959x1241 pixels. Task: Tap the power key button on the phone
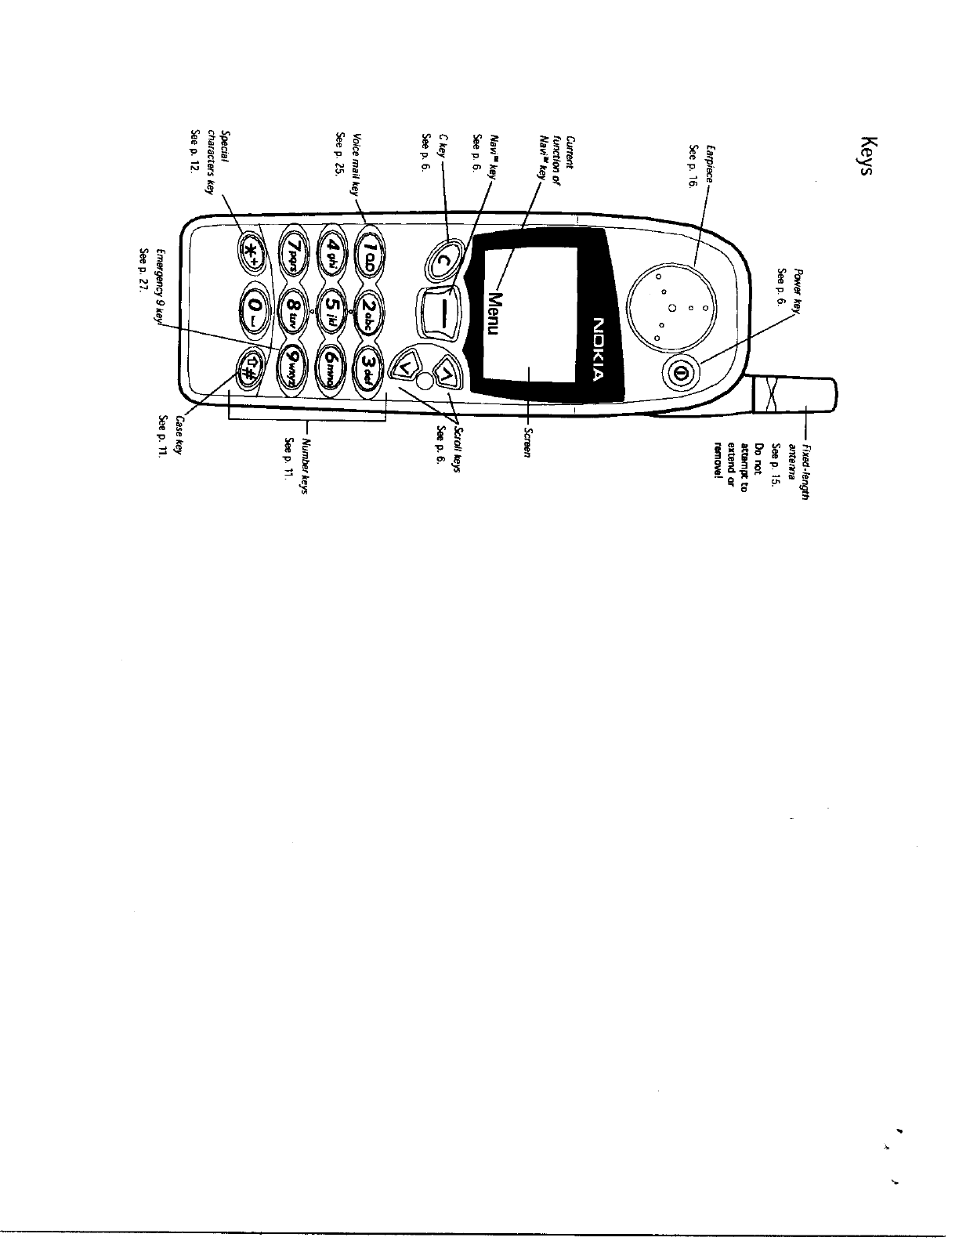point(679,372)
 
